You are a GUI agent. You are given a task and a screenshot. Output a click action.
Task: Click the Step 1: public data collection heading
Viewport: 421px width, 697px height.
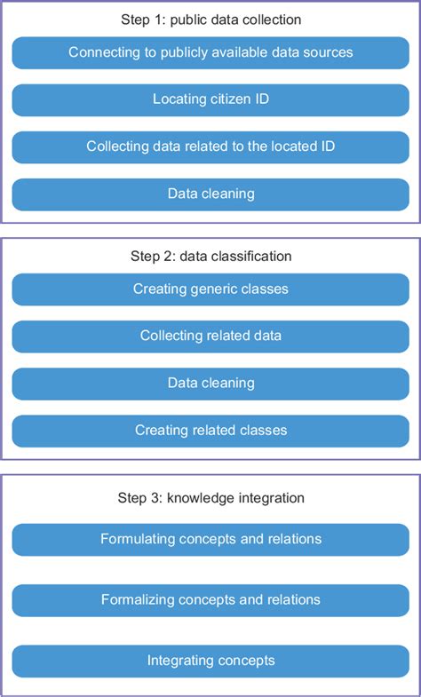pos(210,19)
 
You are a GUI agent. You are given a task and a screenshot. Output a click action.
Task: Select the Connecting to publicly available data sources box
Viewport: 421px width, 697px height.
pos(210,53)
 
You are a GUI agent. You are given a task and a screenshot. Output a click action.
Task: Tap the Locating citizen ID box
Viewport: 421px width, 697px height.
pos(210,100)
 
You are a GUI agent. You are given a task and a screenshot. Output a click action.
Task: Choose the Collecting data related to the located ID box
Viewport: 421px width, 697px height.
pos(210,147)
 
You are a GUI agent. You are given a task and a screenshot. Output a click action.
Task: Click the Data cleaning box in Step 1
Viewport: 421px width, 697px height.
pos(210,194)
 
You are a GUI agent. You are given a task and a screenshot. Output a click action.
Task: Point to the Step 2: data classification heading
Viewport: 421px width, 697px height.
pos(210,257)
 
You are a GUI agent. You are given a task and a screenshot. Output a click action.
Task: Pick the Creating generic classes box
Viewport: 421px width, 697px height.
pos(210,289)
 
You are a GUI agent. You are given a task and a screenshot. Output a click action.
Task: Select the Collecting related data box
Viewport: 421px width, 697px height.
pos(210,337)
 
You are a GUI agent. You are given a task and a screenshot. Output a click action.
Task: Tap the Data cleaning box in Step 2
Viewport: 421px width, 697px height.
pos(210,384)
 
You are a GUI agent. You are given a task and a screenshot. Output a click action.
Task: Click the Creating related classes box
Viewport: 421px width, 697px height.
pos(210,431)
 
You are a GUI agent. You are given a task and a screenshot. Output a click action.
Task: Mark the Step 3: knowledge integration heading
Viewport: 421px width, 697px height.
pos(210,498)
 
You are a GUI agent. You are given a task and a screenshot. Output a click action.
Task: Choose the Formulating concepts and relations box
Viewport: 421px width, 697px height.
pos(210,539)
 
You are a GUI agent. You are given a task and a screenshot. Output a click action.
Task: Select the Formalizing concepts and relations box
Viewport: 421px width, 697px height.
pos(210,600)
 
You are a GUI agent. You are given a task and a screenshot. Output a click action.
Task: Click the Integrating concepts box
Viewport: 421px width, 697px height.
pos(210,661)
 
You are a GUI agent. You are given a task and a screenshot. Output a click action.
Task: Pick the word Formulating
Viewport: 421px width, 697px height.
pos(137,539)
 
